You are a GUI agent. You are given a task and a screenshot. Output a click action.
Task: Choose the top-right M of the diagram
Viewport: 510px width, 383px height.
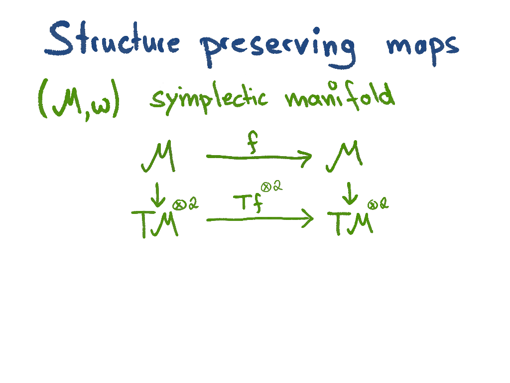click(x=344, y=158)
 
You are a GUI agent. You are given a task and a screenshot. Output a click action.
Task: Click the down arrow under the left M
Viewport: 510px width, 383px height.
click(x=158, y=195)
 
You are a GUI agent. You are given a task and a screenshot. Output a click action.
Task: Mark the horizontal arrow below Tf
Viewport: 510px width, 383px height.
click(x=259, y=219)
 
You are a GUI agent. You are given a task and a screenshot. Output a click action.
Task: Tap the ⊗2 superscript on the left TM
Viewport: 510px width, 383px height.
click(x=185, y=204)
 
